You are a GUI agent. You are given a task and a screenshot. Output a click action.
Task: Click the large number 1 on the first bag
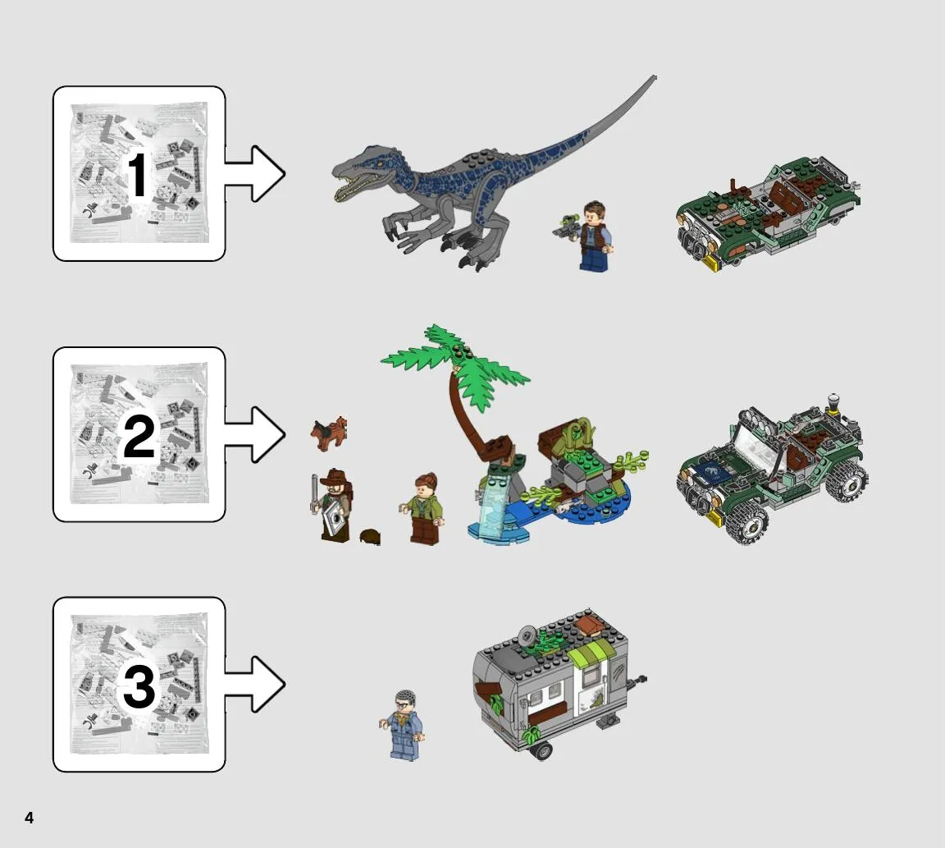[138, 174]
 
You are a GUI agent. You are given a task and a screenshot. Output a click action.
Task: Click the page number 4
[29, 818]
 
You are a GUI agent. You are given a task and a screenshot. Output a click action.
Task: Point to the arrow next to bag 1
[254, 174]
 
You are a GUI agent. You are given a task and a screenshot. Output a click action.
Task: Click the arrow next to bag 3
[254, 684]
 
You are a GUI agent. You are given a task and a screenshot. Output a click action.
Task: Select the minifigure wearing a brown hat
[332, 506]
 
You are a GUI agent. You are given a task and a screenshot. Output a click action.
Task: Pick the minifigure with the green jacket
[424, 508]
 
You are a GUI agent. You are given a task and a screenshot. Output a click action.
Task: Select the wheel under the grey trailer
[541, 750]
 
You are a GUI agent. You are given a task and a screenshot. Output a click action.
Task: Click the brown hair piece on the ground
[370, 537]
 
